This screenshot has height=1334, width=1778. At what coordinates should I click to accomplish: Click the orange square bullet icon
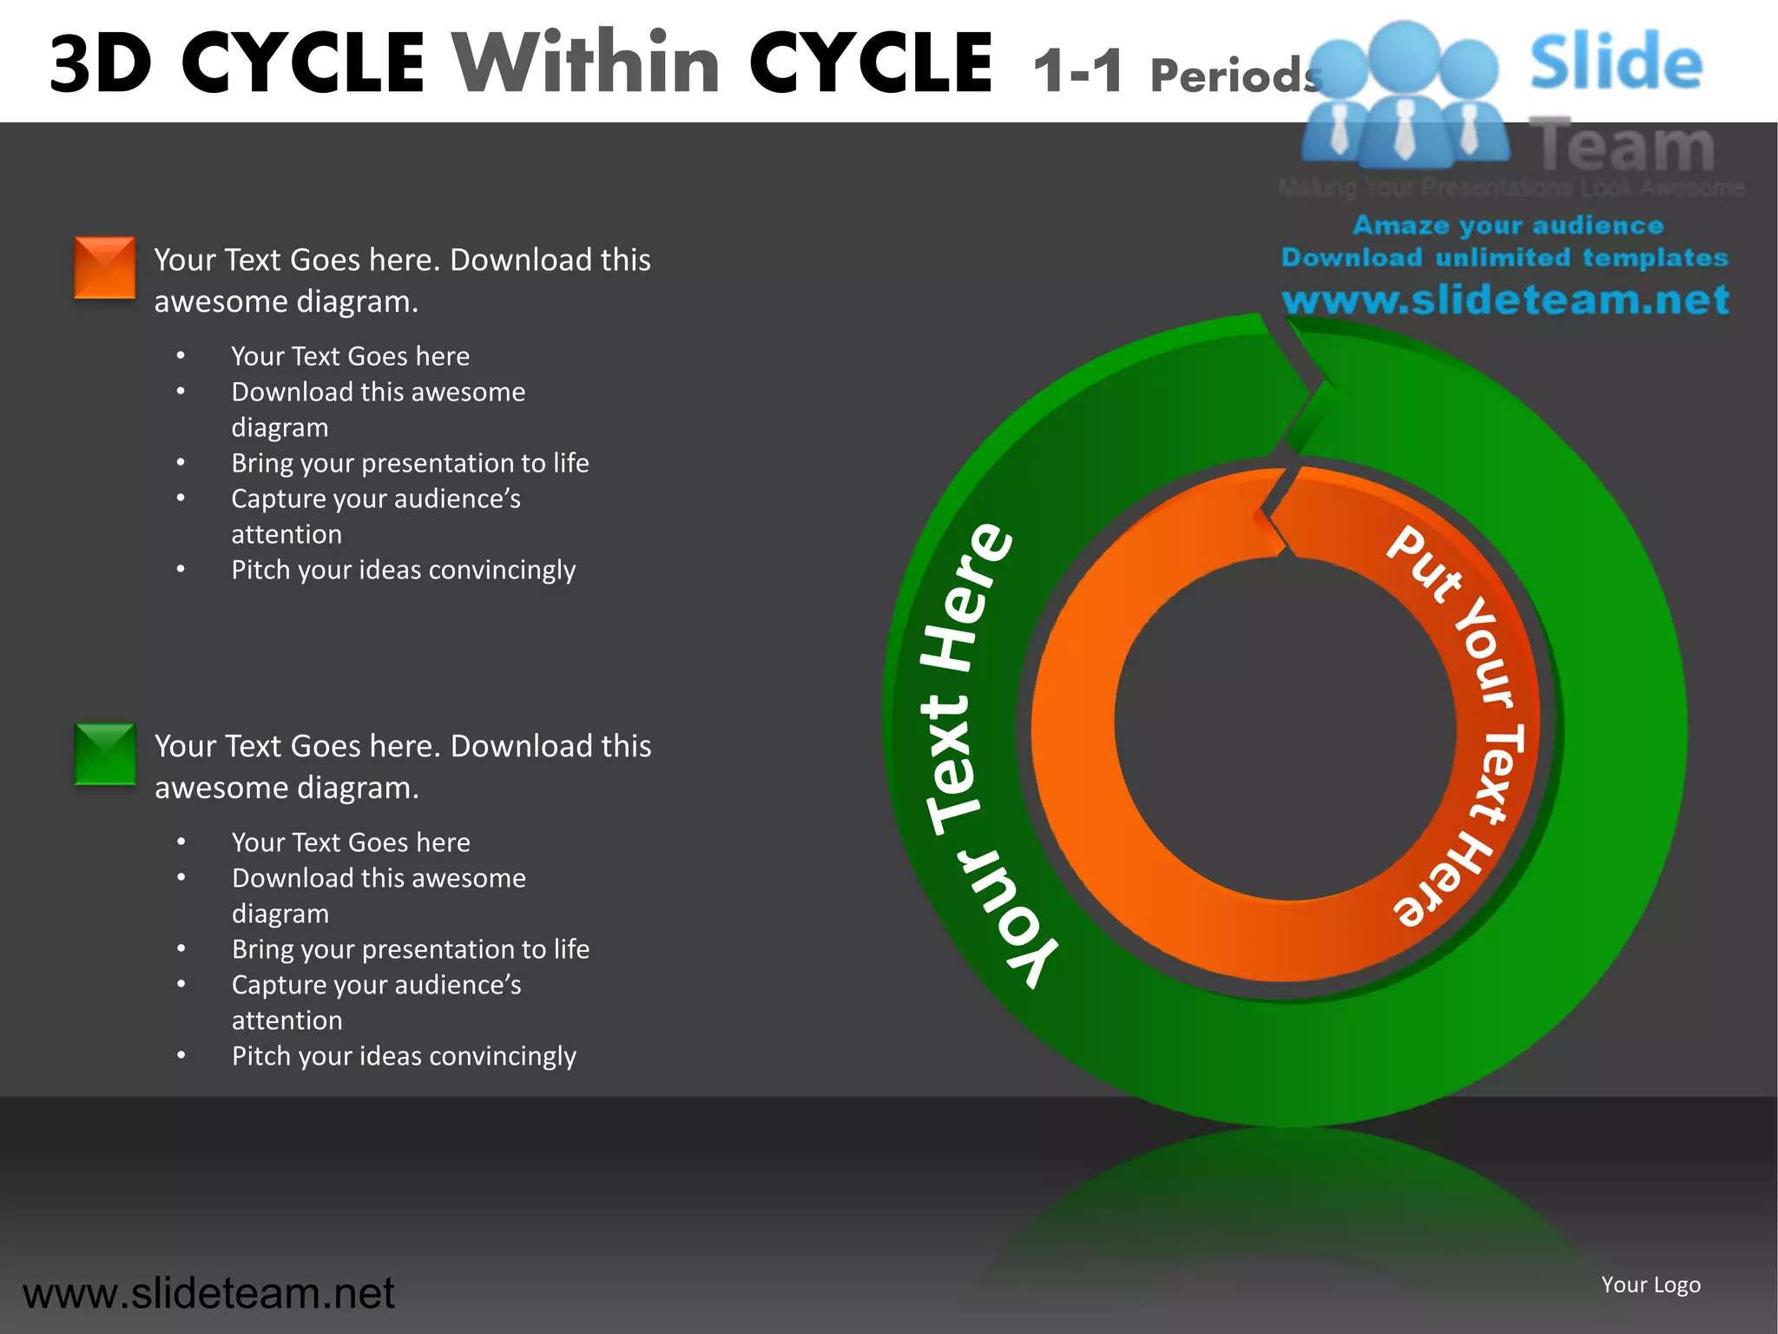(104, 267)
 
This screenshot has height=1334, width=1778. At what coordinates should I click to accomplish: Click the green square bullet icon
(104, 754)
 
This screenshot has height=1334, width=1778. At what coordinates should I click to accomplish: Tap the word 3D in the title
(101, 64)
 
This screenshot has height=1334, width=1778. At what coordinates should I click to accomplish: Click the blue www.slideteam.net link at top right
(1505, 300)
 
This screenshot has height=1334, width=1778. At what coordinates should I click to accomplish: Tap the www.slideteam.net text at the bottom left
(208, 1293)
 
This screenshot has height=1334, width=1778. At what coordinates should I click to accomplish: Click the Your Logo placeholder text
(1650, 1284)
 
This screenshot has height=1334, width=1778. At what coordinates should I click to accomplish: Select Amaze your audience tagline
(1508, 226)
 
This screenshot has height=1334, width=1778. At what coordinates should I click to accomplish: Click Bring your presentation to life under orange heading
(410, 463)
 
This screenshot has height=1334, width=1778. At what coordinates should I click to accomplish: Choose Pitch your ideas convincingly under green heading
(404, 1056)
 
